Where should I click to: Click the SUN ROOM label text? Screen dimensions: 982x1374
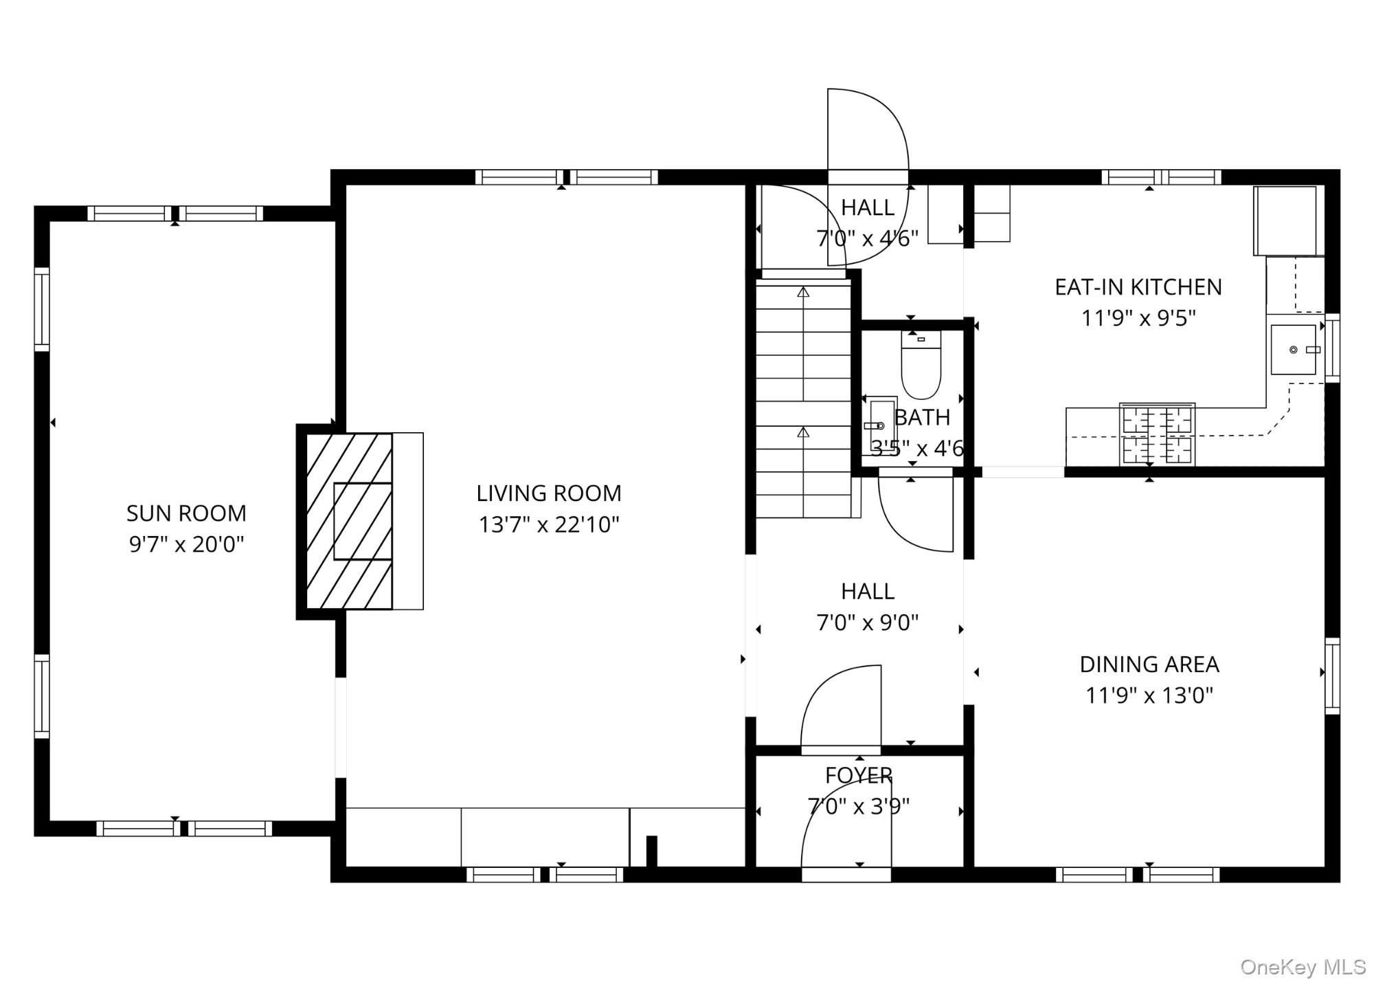pos(186,513)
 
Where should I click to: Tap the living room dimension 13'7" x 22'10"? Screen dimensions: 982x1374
pos(549,525)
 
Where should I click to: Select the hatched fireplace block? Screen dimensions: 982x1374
pos(349,521)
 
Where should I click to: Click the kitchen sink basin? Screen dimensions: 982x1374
pos(1293,350)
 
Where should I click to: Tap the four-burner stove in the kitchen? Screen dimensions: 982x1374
pos(1157,434)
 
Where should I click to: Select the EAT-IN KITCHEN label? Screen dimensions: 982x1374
pos(1138,287)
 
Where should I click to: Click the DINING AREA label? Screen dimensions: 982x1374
pos(1149,665)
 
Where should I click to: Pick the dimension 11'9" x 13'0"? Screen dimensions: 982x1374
pos(1149,695)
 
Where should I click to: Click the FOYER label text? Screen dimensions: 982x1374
pos(859,775)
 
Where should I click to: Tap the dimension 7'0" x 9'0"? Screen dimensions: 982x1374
pos(867,623)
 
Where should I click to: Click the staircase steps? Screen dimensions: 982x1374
pos(802,399)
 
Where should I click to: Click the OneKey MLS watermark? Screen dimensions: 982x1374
pos(1303,967)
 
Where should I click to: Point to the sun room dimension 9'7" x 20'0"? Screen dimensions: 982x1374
pos(186,545)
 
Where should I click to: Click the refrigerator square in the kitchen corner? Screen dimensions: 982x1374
pos(1285,220)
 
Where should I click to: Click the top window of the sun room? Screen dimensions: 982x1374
pos(175,213)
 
